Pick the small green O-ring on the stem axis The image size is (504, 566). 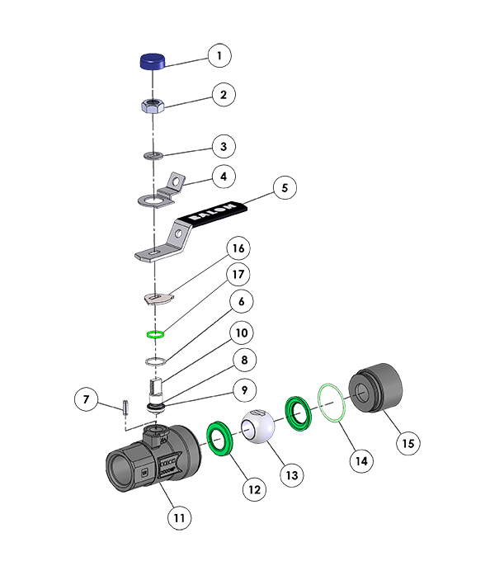click(x=154, y=334)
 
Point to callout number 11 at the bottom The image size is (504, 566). click(x=180, y=518)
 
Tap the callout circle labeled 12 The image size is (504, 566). click(x=254, y=488)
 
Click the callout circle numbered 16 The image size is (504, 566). click(x=238, y=248)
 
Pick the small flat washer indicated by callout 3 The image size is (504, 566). click(x=153, y=154)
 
